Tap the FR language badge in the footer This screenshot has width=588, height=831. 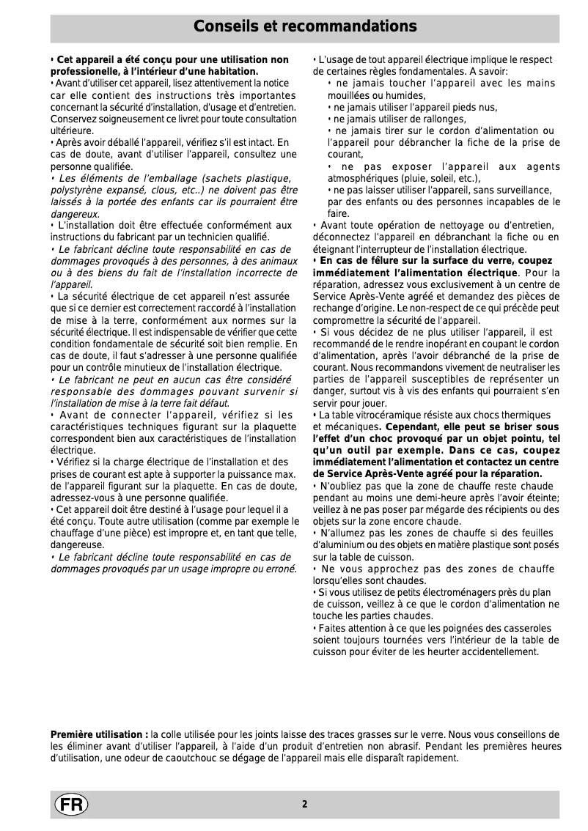pos(70,804)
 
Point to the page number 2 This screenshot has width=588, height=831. pos(304,804)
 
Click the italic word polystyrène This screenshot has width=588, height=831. pos(76,190)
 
